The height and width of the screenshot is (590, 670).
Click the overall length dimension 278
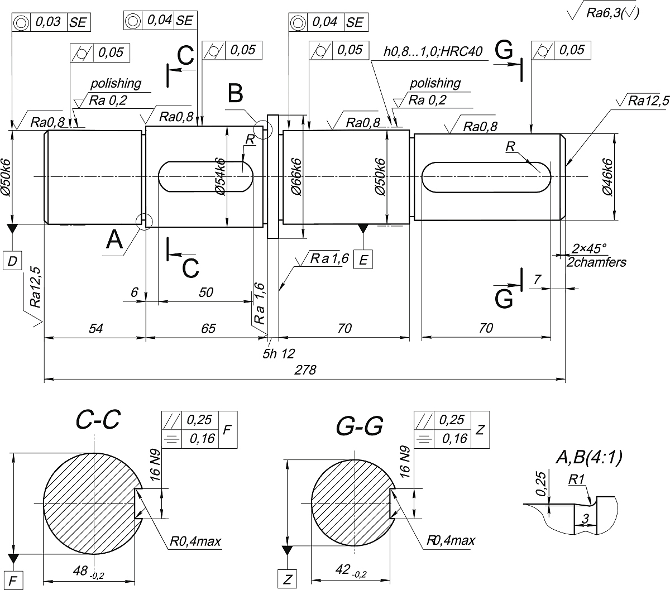pos(305,370)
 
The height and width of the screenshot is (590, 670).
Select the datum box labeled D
pos(12,261)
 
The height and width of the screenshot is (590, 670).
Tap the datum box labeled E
pos(363,260)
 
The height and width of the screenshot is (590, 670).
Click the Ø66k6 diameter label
pos(296,177)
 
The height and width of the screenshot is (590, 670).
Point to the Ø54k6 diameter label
pos(221,176)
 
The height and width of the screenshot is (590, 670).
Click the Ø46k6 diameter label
pos(607,177)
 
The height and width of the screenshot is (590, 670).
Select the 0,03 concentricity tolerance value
pos(48,22)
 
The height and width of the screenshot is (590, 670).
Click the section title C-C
pos(98,419)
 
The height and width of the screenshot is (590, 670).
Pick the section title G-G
pos(359,426)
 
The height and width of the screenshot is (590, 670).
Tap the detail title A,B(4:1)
pos(589,457)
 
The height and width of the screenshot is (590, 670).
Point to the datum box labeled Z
pos(287,579)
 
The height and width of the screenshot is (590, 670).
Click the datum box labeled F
pos(13,581)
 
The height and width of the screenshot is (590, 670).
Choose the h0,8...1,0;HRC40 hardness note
pos(433,51)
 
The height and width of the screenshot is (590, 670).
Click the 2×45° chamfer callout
pos(589,248)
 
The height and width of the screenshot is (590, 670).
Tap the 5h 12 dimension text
pos(279,354)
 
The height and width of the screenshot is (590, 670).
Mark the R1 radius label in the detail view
pos(576,479)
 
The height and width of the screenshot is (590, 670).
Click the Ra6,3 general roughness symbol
pos(603,13)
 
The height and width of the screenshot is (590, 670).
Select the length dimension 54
pos(96,328)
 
